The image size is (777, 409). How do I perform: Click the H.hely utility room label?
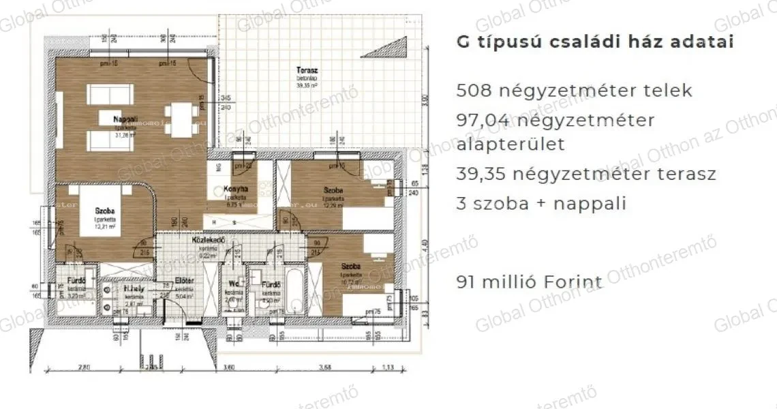[x=134, y=288]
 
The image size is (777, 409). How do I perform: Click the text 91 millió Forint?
[x=530, y=282]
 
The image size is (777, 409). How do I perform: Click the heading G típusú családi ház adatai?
[x=594, y=42]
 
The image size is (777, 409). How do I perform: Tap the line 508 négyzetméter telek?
[x=574, y=90]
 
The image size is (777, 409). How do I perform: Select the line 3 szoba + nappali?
[x=541, y=203]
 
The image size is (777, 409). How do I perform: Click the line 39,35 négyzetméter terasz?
[x=586, y=174]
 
